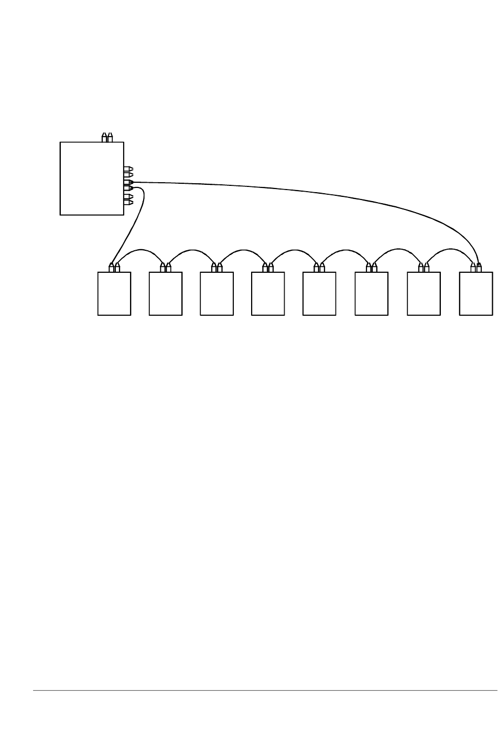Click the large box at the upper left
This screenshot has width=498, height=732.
tap(92, 178)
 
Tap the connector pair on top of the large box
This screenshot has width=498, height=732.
tap(107, 138)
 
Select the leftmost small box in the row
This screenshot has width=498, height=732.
tap(114, 294)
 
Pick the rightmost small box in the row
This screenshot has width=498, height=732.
tap(476, 294)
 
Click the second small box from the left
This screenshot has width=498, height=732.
tap(166, 294)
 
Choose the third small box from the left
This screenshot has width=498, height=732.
tap(217, 294)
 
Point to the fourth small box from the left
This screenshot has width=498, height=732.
tap(268, 294)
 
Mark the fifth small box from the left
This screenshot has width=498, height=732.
tap(319, 294)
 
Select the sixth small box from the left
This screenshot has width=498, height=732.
tap(372, 294)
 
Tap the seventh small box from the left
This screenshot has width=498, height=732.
tap(424, 294)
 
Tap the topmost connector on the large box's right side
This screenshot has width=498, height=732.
tap(128, 169)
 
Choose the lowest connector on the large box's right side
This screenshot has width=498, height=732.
tap(128, 202)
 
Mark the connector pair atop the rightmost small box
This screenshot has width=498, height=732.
tap(476, 268)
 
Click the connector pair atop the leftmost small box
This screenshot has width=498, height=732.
tap(114, 268)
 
